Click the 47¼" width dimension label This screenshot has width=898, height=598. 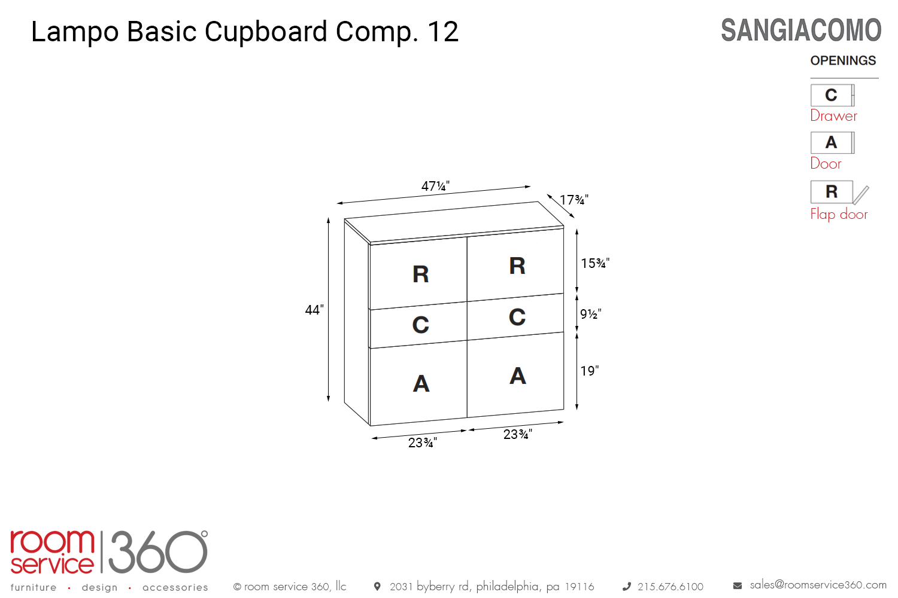(435, 186)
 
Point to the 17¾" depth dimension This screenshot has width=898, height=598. (574, 200)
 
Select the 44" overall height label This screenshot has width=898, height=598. (314, 310)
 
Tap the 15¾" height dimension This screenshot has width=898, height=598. (595, 263)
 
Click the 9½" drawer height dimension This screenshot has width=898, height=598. (591, 314)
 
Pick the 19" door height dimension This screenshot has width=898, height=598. (590, 371)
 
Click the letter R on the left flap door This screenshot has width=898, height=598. (421, 274)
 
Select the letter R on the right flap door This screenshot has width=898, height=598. (517, 266)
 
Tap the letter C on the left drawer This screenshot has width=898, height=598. (421, 325)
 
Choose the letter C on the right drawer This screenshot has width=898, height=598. (517, 317)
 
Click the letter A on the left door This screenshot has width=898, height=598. (421, 383)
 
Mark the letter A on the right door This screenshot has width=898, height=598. (518, 376)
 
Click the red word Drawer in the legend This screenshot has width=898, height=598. (833, 115)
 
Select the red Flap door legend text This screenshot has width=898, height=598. (839, 214)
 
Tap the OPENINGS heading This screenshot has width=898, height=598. (843, 60)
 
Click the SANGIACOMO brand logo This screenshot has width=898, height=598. (801, 30)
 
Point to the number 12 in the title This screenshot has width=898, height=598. (443, 32)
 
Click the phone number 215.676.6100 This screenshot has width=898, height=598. (671, 587)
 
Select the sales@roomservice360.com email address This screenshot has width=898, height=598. (818, 585)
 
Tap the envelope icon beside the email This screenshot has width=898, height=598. (738, 586)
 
